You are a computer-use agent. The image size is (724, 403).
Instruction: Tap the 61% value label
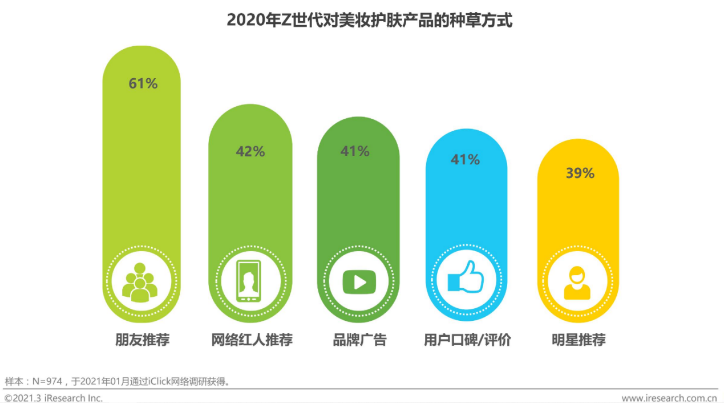(x=143, y=83)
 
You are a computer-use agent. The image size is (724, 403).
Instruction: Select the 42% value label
(x=250, y=152)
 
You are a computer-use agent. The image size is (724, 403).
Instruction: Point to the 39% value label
(x=580, y=174)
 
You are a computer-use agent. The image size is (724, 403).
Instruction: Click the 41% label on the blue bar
(x=465, y=160)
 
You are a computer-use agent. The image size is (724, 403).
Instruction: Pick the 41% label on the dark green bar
(x=355, y=151)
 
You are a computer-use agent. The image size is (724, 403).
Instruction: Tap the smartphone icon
(x=249, y=281)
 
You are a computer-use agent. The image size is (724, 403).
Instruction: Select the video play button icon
(x=359, y=281)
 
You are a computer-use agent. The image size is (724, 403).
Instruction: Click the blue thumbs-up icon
(x=466, y=279)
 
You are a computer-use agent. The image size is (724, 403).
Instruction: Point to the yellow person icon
(x=577, y=283)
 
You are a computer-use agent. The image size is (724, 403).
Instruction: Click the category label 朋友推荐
(x=143, y=340)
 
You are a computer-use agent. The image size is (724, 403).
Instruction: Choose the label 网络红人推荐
(x=252, y=340)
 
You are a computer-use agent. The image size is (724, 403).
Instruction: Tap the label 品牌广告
(x=359, y=340)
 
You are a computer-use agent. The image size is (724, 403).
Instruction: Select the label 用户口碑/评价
(x=467, y=340)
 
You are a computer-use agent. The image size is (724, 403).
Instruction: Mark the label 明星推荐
(x=579, y=340)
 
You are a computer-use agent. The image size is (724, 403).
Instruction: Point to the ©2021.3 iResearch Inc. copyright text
(x=54, y=398)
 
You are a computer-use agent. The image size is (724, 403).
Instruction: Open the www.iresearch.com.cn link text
(x=669, y=398)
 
